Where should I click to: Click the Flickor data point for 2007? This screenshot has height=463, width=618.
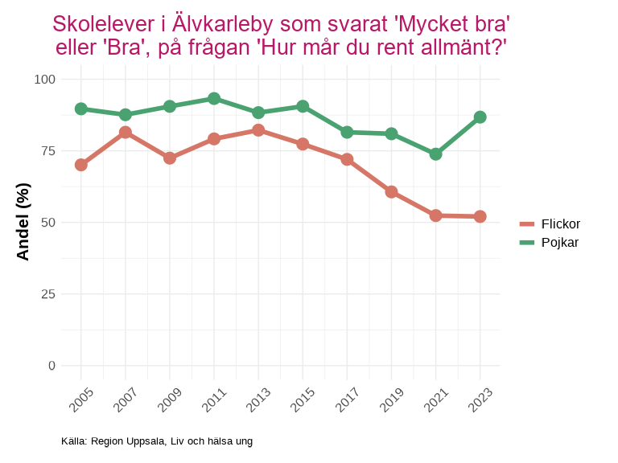coord(126,132)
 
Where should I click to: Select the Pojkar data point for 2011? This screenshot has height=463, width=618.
coord(214,99)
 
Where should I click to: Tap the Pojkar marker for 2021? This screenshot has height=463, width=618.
coord(435,154)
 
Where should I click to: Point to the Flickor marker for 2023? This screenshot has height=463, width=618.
coord(480,216)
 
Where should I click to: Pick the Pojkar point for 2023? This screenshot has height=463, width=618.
coord(480,117)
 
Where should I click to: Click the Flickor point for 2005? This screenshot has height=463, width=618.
coord(81,165)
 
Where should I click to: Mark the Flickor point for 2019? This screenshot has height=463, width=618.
coord(391,192)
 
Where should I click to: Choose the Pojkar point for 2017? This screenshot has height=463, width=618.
coord(347,132)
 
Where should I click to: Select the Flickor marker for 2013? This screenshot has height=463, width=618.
coord(258,130)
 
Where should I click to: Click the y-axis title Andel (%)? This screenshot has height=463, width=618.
coord(23,222)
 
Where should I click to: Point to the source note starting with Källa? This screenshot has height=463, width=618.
coord(157,441)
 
